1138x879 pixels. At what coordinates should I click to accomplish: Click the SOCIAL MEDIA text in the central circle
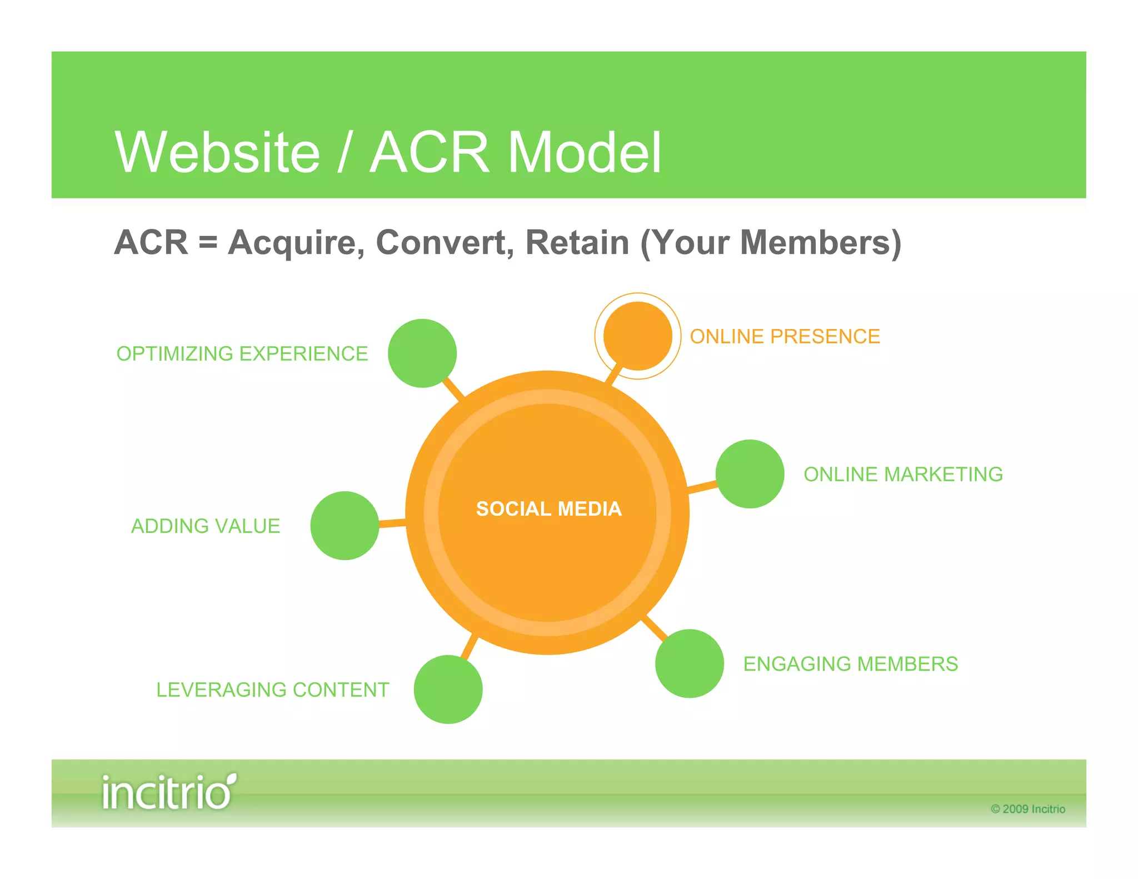coord(548,508)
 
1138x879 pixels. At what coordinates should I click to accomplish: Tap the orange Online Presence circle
coord(637,336)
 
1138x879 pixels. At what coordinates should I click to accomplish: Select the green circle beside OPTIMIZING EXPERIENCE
coord(422,353)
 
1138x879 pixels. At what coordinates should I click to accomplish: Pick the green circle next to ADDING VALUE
coord(345,525)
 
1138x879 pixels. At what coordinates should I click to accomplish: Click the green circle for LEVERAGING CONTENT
coord(448,689)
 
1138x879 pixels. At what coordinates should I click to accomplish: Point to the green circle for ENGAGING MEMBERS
coord(689,663)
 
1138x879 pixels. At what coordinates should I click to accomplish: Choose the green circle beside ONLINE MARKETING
coord(750,473)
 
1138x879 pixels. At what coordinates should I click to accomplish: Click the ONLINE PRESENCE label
coord(785,336)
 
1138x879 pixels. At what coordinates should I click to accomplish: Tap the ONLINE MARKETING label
coord(903,474)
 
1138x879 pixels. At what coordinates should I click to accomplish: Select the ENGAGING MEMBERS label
coord(850,663)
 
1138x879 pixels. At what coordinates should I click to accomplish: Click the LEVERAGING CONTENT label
coord(272,690)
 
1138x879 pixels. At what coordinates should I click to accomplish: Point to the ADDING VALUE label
coord(205,526)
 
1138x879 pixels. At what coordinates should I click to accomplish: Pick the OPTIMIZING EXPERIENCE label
coord(242,353)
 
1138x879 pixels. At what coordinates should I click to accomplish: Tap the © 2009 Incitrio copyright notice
coord(1027,809)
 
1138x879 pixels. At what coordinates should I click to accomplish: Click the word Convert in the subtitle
coord(445,242)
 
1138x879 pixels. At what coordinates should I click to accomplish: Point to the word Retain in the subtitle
coord(577,242)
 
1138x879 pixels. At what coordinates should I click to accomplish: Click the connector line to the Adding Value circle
coord(392,523)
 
